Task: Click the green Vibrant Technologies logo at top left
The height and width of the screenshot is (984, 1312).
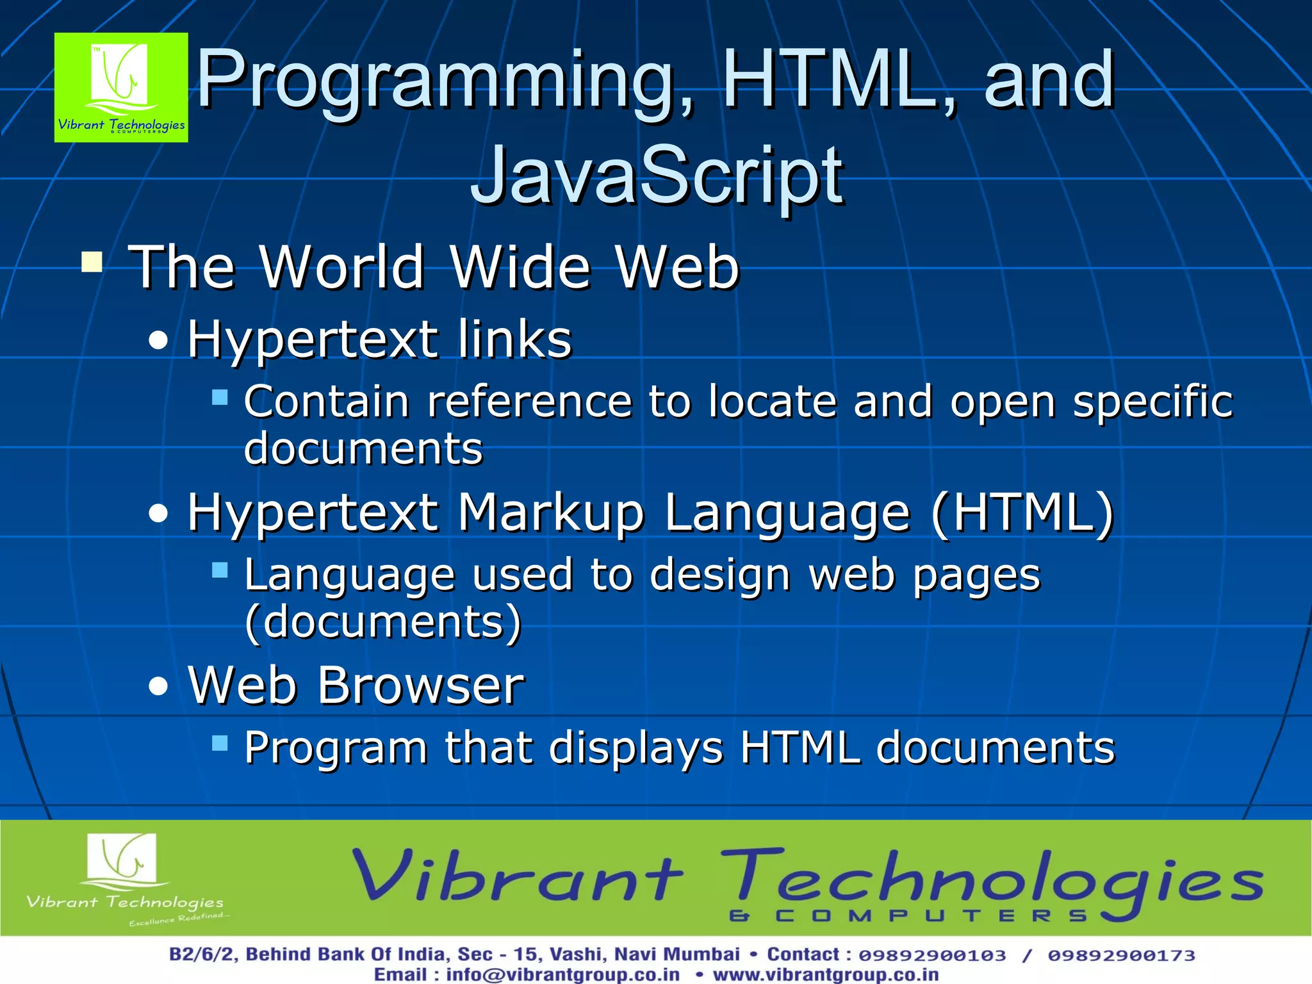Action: coord(121,87)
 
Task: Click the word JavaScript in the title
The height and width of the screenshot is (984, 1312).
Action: coord(657,175)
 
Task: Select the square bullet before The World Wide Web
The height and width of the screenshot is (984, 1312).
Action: coord(92,262)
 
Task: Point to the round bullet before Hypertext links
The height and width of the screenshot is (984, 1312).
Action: coord(158,340)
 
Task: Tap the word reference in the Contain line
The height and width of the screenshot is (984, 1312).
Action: coord(530,402)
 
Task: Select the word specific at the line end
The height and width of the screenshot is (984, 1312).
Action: coord(1152,402)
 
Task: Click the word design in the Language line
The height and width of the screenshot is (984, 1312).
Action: coord(720,574)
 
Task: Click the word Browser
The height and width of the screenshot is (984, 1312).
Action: coord(420,685)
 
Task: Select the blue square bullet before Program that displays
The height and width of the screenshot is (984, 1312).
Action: coord(220,743)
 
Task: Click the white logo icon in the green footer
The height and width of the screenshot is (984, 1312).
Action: coord(121,858)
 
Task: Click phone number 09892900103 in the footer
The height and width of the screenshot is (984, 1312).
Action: coord(932,955)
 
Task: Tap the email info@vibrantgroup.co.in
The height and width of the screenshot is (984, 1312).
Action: coord(562,974)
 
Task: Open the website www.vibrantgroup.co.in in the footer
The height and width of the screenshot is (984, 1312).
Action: coord(826,974)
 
